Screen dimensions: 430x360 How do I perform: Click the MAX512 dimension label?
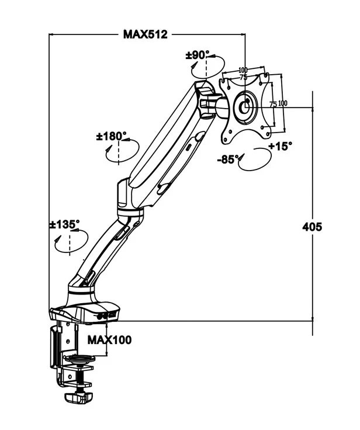pos(145,34)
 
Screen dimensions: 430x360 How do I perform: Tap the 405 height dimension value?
pos(313,227)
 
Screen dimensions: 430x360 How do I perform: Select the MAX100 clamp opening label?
pos(109,339)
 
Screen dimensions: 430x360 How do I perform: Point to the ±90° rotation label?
pos(198,55)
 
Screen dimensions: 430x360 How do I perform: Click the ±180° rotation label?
pos(112,137)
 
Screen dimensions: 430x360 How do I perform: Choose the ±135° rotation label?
pos(64,224)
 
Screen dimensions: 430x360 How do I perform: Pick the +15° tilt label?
pos(281,146)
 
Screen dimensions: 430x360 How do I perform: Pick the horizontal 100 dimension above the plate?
pos(243,70)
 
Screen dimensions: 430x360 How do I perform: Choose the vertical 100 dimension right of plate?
pos(283,103)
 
